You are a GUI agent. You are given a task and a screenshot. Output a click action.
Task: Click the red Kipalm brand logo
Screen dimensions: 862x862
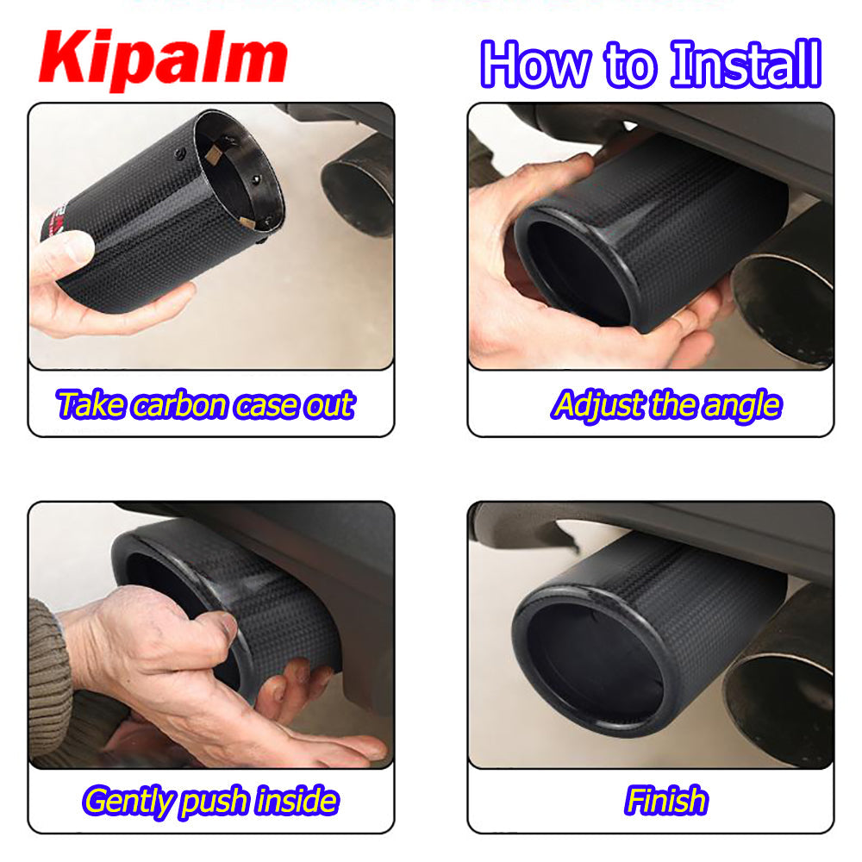click(x=163, y=59)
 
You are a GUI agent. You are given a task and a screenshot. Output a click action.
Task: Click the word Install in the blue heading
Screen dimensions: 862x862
click(x=746, y=65)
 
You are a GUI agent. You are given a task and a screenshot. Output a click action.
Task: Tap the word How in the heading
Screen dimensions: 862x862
click(x=536, y=65)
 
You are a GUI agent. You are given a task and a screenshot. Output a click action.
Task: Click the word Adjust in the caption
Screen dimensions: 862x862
click(x=598, y=406)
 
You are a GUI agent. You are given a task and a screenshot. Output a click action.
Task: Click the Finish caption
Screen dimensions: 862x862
click(x=665, y=800)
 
